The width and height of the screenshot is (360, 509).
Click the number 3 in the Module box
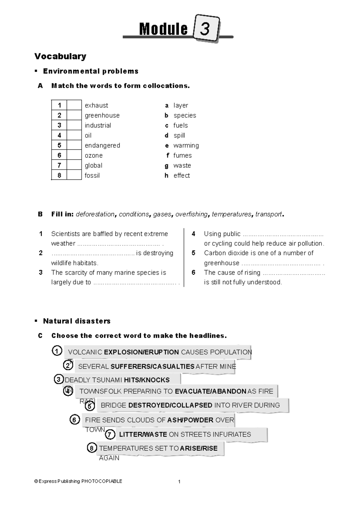pos(205,29)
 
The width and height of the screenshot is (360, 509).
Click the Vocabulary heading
pos(60,56)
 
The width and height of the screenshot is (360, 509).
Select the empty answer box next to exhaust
pos(74,105)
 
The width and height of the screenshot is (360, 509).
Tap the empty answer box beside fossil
pos(74,175)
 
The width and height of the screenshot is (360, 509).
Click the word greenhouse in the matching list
pos(102,116)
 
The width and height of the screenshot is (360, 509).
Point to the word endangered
pos(102,146)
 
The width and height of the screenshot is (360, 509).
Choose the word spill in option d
pos(179,136)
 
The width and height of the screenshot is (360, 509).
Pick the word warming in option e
pos(186,146)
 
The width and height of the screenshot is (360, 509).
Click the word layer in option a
pos(181,105)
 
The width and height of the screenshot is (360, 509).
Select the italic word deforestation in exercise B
pos(95,214)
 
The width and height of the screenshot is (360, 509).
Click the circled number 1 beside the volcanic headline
pos(57,351)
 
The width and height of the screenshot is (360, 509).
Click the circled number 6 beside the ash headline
pos(74,420)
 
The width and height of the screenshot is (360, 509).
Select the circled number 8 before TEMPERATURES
pos(92,448)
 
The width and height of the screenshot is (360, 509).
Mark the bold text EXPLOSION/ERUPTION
pos(141,352)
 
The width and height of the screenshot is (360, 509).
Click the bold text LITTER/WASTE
pos(143,434)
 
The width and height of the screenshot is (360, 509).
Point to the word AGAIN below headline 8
pos(109,458)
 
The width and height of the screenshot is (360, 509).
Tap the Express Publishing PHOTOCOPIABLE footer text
pos(78,481)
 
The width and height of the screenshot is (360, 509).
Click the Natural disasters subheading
pos(77,321)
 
